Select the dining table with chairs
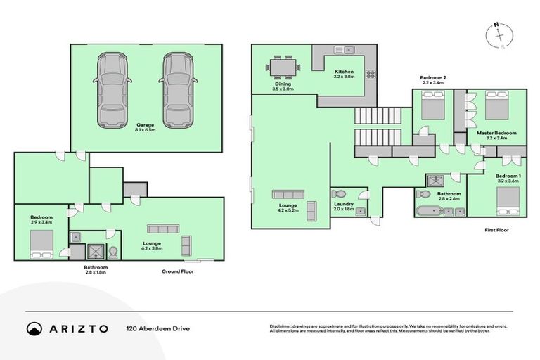click(283, 67)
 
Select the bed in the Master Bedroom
click(496, 109)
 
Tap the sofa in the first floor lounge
click(288, 195)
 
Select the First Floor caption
click(496, 230)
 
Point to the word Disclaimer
click(283, 326)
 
